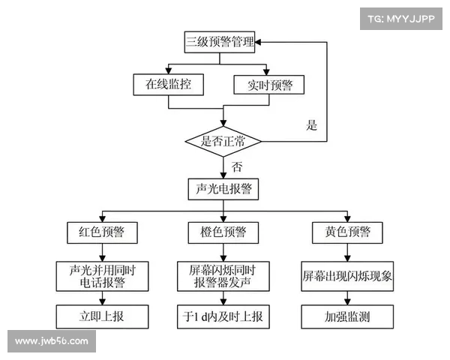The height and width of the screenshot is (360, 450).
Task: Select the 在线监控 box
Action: (168, 84)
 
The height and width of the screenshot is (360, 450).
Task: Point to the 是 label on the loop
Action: (312, 126)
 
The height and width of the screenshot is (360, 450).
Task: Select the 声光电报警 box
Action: (223, 189)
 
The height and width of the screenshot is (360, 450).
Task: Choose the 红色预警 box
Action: (102, 232)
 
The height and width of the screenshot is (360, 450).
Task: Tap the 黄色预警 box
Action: (346, 232)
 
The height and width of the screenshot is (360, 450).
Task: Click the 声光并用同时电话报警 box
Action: (102, 275)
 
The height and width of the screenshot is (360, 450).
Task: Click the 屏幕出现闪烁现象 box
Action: (346, 275)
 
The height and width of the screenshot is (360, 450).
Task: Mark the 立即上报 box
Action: (102, 316)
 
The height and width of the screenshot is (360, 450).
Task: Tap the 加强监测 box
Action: (346, 316)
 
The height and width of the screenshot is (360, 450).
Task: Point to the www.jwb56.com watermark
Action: (51, 341)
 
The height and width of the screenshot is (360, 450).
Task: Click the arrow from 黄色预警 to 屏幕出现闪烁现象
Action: (346, 252)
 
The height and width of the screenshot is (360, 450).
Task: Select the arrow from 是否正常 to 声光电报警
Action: (223, 166)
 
